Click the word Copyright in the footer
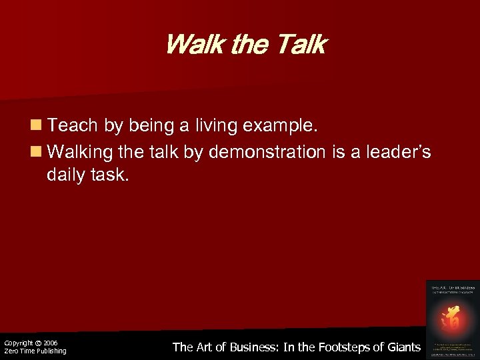[19, 343]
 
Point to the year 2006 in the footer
[50, 343]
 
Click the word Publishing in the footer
[50, 351]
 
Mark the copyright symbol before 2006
[38, 343]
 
